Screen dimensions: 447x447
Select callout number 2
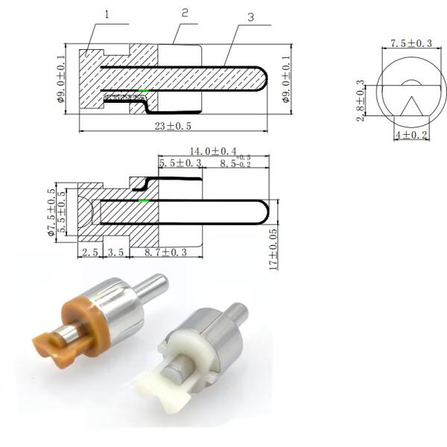185,13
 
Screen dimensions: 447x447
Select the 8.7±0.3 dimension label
165,253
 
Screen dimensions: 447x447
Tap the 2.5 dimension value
89,253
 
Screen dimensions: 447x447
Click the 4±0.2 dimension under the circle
410,135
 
